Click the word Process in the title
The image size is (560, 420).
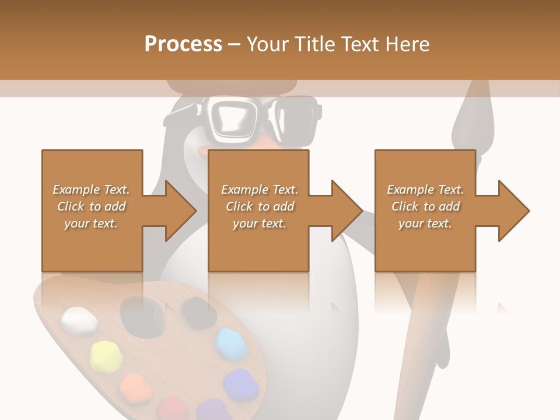[x=183, y=44]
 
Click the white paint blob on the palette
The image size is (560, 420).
[x=79, y=321]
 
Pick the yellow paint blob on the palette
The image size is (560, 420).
[x=106, y=356]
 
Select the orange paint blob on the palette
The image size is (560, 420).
[x=135, y=387]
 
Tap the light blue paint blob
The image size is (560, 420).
[x=231, y=343]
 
